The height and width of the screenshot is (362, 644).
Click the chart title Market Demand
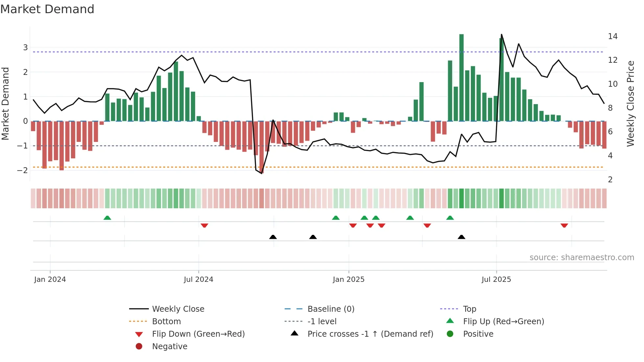[x=47, y=9]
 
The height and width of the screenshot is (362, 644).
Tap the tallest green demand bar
[x=461, y=77]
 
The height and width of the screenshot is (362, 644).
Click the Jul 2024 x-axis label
[x=198, y=280]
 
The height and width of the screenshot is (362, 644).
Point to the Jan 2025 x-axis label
[x=349, y=280]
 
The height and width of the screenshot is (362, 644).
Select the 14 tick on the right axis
[x=612, y=36]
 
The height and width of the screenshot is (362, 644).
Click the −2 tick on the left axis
[x=22, y=170]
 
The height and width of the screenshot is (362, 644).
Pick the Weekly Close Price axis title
[x=630, y=103]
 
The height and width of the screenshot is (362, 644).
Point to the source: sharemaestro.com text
[x=582, y=257]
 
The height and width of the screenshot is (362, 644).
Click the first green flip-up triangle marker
[x=107, y=218]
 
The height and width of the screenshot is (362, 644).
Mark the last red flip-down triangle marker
[x=564, y=225]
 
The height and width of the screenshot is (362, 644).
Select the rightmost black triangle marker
[x=461, y=237]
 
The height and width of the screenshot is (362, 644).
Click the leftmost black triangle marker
[x=273, y=237]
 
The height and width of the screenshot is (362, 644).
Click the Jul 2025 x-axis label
[x=496, y=280]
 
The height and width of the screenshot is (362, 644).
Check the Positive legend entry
[x=478, y=334]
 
